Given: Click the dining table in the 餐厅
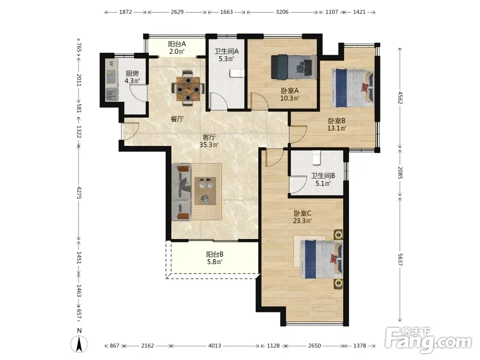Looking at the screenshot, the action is [188, 88].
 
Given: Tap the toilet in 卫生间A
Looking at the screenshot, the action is [237, 73].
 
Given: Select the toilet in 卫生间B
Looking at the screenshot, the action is [316, 157].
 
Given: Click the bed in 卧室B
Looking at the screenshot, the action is [353, 88].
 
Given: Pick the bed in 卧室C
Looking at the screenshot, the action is [321, 259].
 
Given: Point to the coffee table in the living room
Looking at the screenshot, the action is [205, 191].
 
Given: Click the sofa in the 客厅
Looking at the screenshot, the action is [181, 192].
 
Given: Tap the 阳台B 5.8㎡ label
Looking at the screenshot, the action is [215, 258].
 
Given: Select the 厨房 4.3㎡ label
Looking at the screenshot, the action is [132, 77].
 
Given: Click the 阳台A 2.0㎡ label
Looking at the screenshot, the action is [177, 48].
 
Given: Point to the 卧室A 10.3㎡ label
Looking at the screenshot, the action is [289, 94].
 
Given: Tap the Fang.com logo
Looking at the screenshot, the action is [428, 341].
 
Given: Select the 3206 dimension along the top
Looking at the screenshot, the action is [282, 12].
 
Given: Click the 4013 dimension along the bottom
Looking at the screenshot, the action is [215, 346].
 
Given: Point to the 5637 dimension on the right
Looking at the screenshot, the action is [400, 260].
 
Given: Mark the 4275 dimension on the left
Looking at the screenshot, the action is [79, 192].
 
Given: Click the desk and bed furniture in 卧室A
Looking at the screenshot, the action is [294, 67].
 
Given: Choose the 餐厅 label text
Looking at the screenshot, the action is [177, 119].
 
